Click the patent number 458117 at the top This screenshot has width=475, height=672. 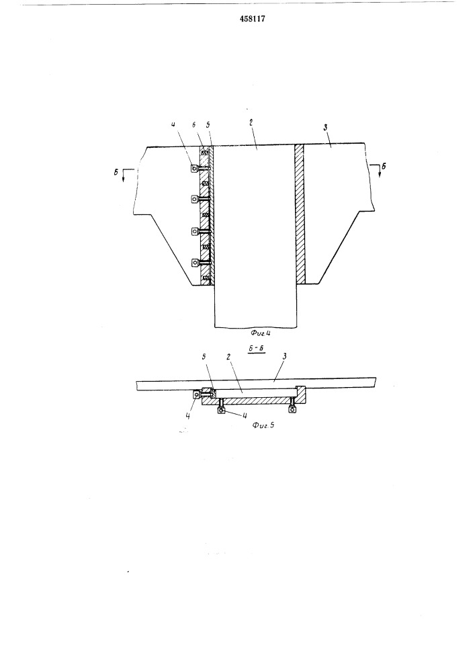click(253, 19)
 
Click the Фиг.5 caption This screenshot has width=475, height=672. click(263, 425)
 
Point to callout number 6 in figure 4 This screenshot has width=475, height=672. click(194, 124)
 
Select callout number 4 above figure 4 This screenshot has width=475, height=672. click(173, 124)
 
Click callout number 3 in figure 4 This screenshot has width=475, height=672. click(325, 127)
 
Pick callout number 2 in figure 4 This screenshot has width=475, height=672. click(251, 122)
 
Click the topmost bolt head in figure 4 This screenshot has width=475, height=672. click(194, 169)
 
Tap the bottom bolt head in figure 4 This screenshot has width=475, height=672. click(195, 263)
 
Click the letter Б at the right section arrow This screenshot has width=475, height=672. click(384, 166)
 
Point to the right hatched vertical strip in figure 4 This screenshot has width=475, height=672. click(300, 214)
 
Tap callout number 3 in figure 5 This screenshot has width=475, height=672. click(284, 355)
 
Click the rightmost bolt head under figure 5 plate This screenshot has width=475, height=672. click(292, 410)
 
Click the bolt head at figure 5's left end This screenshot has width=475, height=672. click(197, 394)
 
